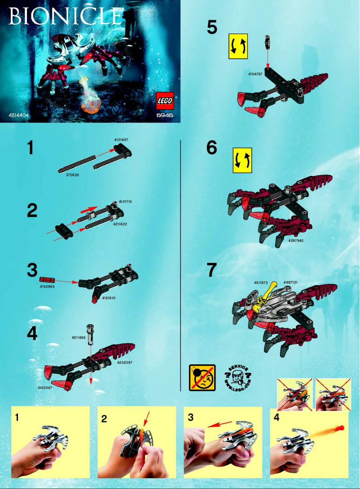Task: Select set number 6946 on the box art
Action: (x=165, y=115)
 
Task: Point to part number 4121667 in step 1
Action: (x=121, y=140)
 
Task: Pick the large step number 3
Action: (x=32, y=270)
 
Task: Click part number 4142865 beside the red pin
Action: (x=47, y=286)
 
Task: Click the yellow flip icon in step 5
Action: (x=238, y=47)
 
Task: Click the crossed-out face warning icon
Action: (x=202, y=378)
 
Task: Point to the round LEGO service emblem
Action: (x=237, y=378)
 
